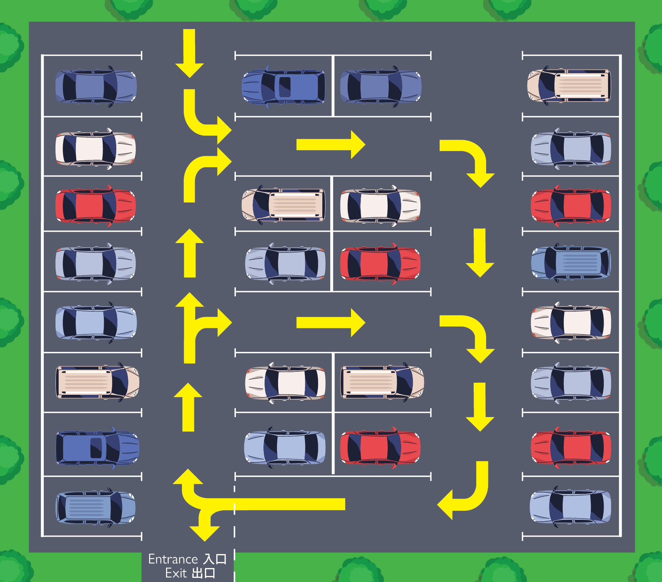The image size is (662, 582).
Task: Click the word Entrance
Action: tap(173, 559)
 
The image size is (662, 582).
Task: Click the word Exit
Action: tap(176, 573)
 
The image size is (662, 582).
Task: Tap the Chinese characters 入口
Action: tap(215, 559)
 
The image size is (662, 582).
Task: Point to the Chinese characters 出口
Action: tap(203, 573)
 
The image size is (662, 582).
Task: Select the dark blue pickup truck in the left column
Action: tap(97, 448)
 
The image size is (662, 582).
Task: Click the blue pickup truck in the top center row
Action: tap(283, 86)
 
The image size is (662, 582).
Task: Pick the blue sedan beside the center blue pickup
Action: tap(381, 86)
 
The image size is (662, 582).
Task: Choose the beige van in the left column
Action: tap(97, 382)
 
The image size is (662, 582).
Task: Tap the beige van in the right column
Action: tap(569, 86)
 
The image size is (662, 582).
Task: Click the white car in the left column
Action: tap(95, 149)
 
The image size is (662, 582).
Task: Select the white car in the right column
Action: tap(571, 323)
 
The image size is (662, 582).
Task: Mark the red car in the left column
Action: tap(95, 206)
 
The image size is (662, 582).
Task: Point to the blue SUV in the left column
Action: tap(95, 507)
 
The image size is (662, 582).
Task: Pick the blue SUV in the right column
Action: tap(571, 263)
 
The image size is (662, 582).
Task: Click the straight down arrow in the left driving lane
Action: tap(189, 53)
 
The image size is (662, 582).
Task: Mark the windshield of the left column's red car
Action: tap(110, 206)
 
